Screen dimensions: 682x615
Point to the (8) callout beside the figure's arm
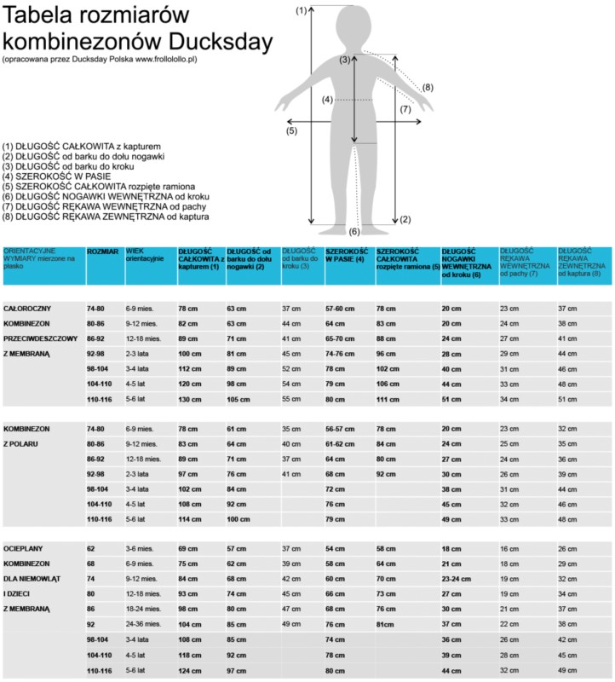428,87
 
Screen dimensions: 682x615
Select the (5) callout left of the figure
291,131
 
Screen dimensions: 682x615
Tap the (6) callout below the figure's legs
355,232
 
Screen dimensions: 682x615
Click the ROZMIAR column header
102,252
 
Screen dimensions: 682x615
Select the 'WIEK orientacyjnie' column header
145,255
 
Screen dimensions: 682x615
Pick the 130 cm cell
189,400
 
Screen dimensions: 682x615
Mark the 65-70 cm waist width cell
342,338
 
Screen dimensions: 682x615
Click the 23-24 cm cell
457,578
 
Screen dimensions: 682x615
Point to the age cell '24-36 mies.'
144,624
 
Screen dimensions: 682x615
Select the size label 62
91,548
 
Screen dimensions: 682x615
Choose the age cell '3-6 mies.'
141,548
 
